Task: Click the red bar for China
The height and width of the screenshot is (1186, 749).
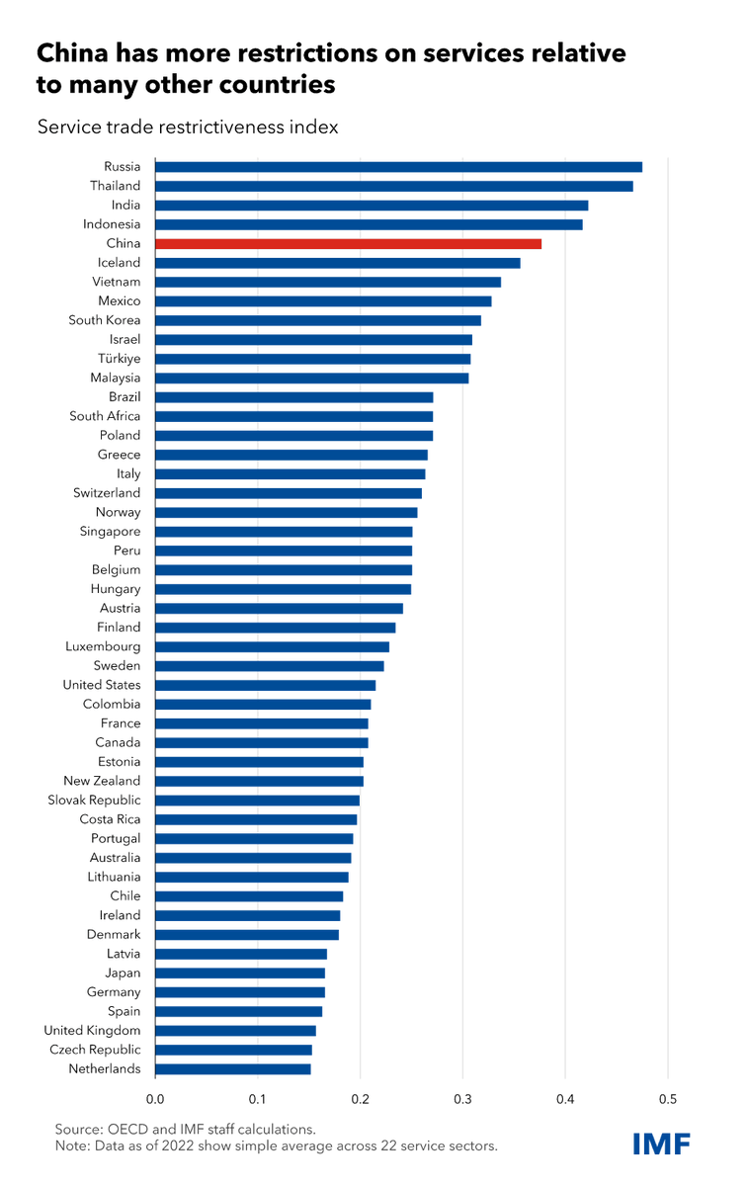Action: click(348, 243)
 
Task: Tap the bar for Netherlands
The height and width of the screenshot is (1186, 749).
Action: click(232, 1068)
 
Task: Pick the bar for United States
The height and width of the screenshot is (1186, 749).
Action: click(265, 685)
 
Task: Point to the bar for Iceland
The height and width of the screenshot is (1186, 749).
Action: click(337, 263)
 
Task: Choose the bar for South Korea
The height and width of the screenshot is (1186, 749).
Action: click(317, 320)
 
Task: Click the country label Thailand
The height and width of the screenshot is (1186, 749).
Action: click(116, 186)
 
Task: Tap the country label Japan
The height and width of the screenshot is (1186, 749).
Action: click(124, 973)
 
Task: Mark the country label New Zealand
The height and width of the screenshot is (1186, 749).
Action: click(102, 781)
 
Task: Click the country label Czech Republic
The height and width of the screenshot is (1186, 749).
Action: click(95, 1050)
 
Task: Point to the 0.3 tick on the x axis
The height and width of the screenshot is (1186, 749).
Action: click(462, 1098)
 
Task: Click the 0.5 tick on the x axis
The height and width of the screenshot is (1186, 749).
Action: click(667, 1098)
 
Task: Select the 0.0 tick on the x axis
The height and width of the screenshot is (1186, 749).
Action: click(155, 1098)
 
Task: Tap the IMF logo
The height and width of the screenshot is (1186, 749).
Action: click(661, 1144)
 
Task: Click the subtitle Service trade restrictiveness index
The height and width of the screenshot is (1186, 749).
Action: click(188, 127)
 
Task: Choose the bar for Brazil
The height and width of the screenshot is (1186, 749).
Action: click(293, 397)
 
